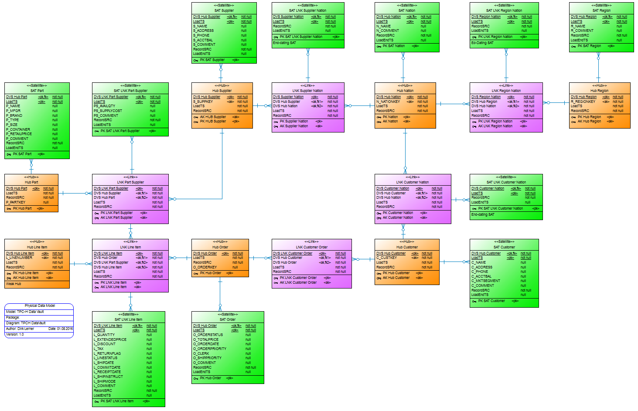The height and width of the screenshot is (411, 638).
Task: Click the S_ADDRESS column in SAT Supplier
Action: (x=203, y=31)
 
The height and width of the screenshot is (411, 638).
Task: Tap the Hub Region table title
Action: (x=599, y=91)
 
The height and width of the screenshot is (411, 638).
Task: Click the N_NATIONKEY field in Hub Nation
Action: (x=388, y=102)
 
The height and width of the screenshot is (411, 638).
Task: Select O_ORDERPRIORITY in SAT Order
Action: (x=209, y=349)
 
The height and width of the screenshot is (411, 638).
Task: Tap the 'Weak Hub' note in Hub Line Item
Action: (x=14, y=284)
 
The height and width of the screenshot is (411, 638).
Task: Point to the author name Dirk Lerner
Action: (x=26, y=329)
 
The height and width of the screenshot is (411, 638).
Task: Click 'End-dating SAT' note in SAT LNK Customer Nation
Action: (x=483, y=214)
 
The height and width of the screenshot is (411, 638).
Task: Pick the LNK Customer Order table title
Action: (x=311, y=247)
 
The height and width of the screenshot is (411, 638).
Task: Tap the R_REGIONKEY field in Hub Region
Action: (x=583, y=102)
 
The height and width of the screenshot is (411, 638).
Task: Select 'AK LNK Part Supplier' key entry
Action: (x=116, y=217)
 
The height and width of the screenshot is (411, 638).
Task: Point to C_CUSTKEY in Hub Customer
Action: (x=386, y=258)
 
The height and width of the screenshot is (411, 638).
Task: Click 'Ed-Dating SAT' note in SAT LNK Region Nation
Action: (x=482, y=43)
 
